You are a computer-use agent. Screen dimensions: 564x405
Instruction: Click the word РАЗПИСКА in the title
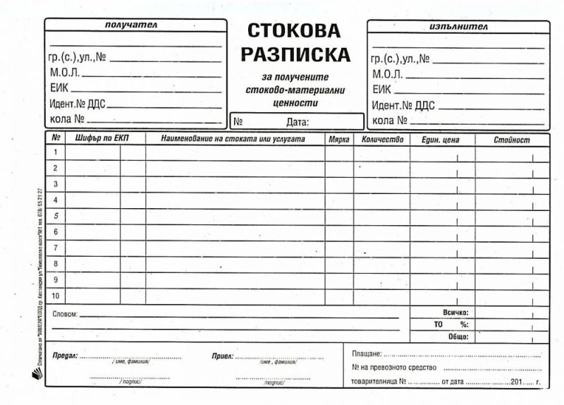295,54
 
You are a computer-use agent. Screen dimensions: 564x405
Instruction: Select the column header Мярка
339,140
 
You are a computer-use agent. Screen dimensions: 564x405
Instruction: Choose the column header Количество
382,140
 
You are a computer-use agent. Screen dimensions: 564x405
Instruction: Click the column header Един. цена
441,140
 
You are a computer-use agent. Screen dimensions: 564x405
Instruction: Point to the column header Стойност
512,140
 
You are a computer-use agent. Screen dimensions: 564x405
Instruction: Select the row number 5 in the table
56,216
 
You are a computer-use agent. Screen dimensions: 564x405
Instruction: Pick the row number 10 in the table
56,295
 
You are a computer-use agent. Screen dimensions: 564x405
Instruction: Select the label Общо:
458,337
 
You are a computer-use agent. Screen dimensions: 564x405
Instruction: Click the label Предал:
65,356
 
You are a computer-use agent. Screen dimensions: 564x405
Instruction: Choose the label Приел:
222,356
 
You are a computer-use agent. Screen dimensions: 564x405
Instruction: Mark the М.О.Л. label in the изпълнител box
387,74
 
